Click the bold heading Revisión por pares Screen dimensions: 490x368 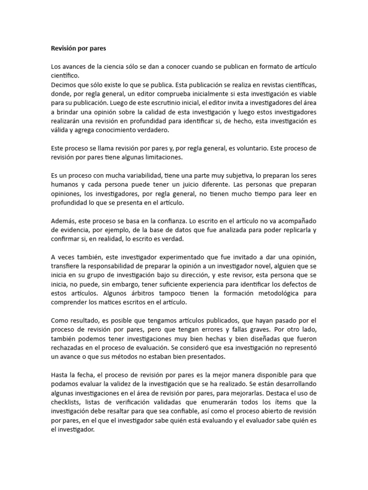(79, 48)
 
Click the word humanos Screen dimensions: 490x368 (66, 184)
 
